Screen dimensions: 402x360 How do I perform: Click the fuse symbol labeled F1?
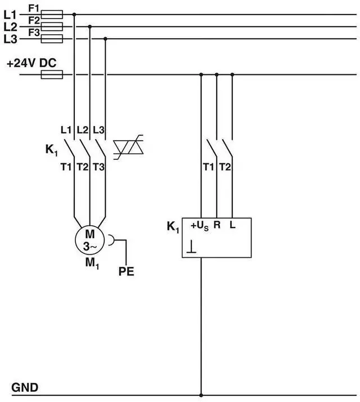click(x=52, y=14)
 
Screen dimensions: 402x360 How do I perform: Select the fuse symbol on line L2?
click(x=52, y=26)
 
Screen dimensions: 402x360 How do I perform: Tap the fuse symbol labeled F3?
click(x=52, y=39)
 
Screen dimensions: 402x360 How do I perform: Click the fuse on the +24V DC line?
click(x=52, y=74)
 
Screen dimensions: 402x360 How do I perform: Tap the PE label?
click(x=127, y=273)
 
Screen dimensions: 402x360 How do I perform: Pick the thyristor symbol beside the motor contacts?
click(x=129, y=148)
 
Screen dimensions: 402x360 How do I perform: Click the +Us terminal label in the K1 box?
click(x=200, y=226)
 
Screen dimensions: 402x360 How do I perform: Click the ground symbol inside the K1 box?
click(x=192, y=246)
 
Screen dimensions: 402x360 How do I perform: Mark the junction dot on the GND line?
click(x=201, y=395)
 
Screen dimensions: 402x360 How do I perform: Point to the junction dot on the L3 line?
click(x=106, y=39)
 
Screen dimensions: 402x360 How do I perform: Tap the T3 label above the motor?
click(x=98, y=166)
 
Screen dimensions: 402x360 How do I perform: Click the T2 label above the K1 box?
click(x=225, y=166)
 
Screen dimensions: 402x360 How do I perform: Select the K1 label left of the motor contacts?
click(x=52, y=150)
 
